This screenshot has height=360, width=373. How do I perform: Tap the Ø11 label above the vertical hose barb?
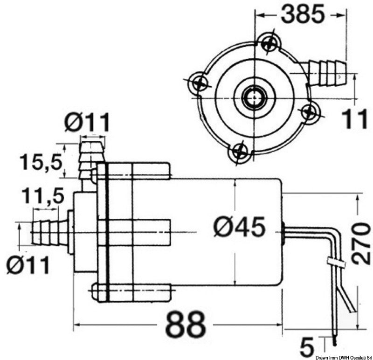click(x=88, y=123)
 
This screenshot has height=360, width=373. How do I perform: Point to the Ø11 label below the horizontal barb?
click(x=28, y=265)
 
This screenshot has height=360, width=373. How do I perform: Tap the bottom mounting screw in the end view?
click(x=240, y=152)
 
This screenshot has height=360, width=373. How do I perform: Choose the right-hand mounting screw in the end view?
click(x=309, y=111)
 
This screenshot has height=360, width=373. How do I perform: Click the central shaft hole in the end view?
click(x=254, y=97)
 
